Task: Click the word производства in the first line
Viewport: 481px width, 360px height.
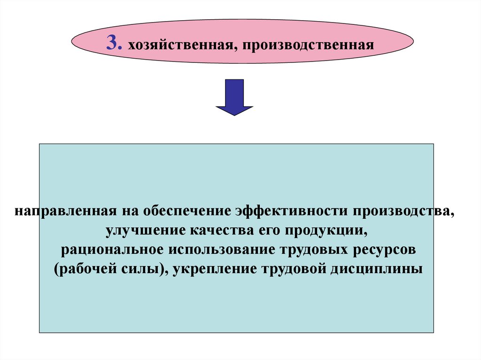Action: click(403, 211)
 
